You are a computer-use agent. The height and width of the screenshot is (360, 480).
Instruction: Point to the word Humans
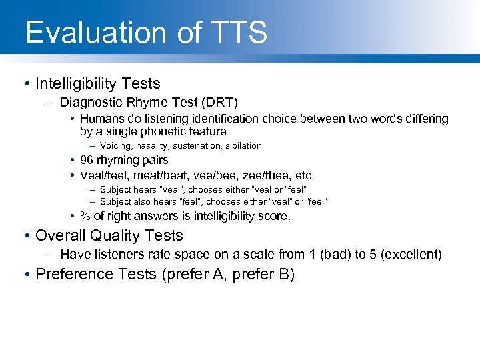pos(99,119)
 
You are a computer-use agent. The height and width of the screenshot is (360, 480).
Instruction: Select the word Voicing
pos(116,145)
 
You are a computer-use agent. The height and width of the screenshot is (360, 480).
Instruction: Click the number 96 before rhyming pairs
pos(87,160)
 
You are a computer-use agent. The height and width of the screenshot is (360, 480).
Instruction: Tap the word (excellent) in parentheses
pos(411,254)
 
